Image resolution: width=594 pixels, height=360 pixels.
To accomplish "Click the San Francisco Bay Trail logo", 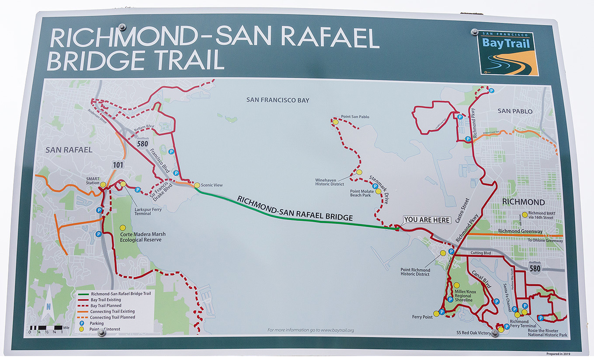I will [507, 53].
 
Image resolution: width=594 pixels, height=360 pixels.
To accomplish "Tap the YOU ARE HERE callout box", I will [427, 220].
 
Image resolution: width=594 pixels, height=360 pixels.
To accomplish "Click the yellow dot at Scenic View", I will [197, 185].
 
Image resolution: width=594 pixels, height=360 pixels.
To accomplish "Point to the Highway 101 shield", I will [118, 165].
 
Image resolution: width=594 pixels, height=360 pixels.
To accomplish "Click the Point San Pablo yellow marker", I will [335, 122].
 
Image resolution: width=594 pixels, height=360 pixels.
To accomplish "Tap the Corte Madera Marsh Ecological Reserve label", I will [142, 237].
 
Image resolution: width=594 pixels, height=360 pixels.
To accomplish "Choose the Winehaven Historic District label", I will [330, 182].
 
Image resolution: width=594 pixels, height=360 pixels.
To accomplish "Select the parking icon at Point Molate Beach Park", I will [375, 187].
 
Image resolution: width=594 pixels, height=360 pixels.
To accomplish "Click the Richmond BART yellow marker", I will [525, 215].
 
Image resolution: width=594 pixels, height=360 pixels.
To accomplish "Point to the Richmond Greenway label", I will [520, 232].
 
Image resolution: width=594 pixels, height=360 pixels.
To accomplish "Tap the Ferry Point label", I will [422, 317].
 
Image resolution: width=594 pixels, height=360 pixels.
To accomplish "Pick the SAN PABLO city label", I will [515, 111].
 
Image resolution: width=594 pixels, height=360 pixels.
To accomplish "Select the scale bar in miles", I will [46, 327].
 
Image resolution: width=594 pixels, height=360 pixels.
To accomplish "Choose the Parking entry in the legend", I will [97, 323].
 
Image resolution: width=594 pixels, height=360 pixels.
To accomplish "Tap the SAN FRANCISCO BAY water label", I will [278, 100].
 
